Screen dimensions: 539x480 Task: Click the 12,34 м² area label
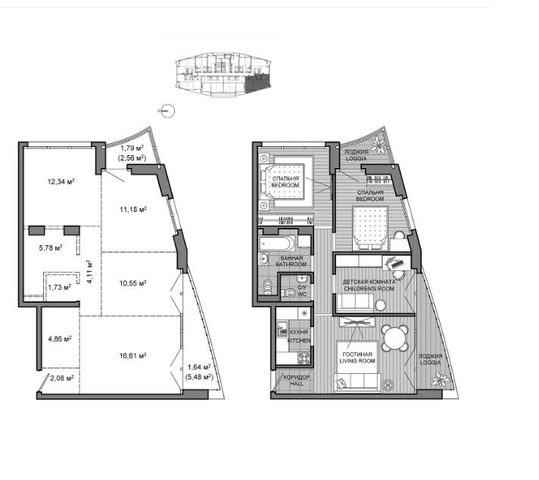tap(61, 181)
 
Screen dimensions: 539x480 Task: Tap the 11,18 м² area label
tap(133, 209)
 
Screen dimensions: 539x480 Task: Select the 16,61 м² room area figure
tap(132, 355)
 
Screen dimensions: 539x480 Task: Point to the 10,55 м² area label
tap(132, 283)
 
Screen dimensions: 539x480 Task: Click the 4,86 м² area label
tap(60, 338)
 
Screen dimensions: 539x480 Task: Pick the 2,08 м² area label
tap(62, 379)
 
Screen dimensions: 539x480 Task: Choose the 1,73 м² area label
tap(60, 287)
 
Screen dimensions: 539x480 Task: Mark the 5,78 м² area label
tap(51, 248)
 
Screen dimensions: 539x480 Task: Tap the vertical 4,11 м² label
tap(90, 272)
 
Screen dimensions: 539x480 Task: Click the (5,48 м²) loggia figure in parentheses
tap(199, 377)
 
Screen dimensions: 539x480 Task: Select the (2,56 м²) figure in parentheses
tap(132, 157)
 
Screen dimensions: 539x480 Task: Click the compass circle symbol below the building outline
tap(168, 111)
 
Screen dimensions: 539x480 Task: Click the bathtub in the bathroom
tap(277, 244)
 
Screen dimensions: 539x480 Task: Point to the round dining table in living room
tap(395, 338)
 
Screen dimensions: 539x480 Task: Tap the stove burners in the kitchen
tap(304, 359)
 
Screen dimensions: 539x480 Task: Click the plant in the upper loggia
tap(380, 145)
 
